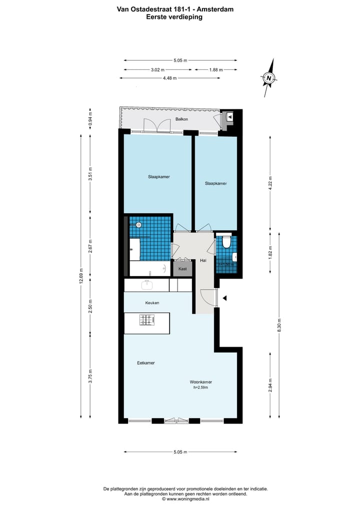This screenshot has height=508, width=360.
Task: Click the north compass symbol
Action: pos(269,78)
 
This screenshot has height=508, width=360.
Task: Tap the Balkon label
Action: pos(181,119)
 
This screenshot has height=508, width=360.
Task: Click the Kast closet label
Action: pos(182,269)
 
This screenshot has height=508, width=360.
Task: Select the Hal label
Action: pos(203,261)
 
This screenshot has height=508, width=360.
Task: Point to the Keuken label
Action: pos(152,303)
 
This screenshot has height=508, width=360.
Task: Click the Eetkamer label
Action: pos(145,363)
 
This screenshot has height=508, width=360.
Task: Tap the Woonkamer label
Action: pos(200,382)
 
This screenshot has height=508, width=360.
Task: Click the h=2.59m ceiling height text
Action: pos(200,388)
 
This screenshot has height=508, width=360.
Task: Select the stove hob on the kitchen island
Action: pos(147,320)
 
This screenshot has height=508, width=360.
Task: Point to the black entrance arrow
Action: pos(225,298)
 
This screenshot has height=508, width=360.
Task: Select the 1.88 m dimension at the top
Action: pos(215,70)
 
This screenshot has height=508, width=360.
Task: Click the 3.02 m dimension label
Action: pos(157,70)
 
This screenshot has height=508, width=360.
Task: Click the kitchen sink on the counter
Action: pos(147,285)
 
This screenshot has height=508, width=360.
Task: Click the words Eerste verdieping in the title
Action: pos(174,16)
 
